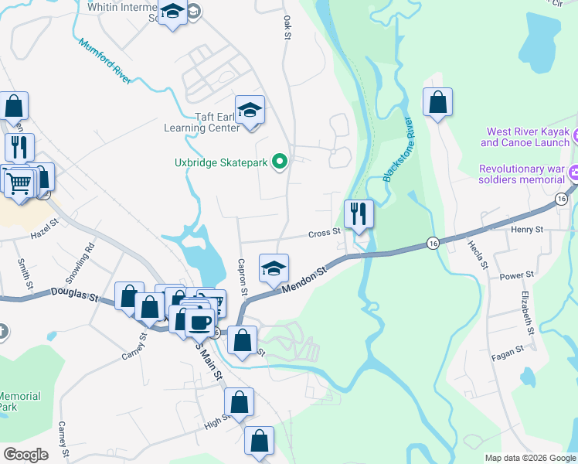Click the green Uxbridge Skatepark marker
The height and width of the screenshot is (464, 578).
pos(280,162)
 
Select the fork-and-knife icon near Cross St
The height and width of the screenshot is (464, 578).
pos(359,213)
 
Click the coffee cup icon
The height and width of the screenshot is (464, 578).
pos(199,321)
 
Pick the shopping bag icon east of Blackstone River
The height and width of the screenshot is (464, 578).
pos(437,101)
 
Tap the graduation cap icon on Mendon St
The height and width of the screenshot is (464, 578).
pos(273,268)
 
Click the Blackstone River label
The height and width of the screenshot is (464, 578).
pos(399,150)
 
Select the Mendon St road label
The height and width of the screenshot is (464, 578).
pos(304,278)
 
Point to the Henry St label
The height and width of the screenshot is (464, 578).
pos(528,230)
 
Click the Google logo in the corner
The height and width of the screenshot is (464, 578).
pos(26,455)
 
